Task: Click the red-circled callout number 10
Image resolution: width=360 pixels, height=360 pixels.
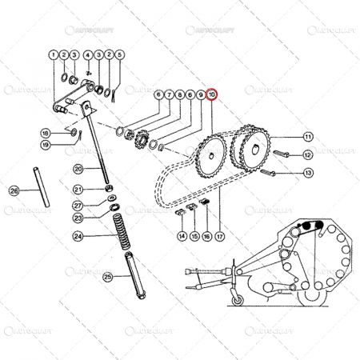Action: (x=212, y=94)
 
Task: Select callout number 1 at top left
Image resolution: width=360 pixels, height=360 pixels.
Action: (x=53, y=55)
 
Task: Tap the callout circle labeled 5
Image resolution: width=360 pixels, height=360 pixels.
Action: (x=120, y=55)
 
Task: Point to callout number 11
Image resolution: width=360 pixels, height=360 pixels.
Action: (x=308, y=136)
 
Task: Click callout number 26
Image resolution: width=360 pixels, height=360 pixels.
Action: (x=14, y=191)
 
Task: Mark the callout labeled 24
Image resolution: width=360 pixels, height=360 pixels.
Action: (x=78, y=236)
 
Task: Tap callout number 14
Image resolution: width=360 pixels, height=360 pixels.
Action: (x=182, y=236)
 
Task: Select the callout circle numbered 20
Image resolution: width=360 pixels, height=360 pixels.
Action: (x=78, y=168)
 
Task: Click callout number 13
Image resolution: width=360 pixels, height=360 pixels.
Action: (x=308, y=172)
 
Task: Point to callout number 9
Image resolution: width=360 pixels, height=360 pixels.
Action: (x=200, y=94)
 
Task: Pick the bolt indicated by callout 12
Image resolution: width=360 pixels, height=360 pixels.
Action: (x=280, y=153)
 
